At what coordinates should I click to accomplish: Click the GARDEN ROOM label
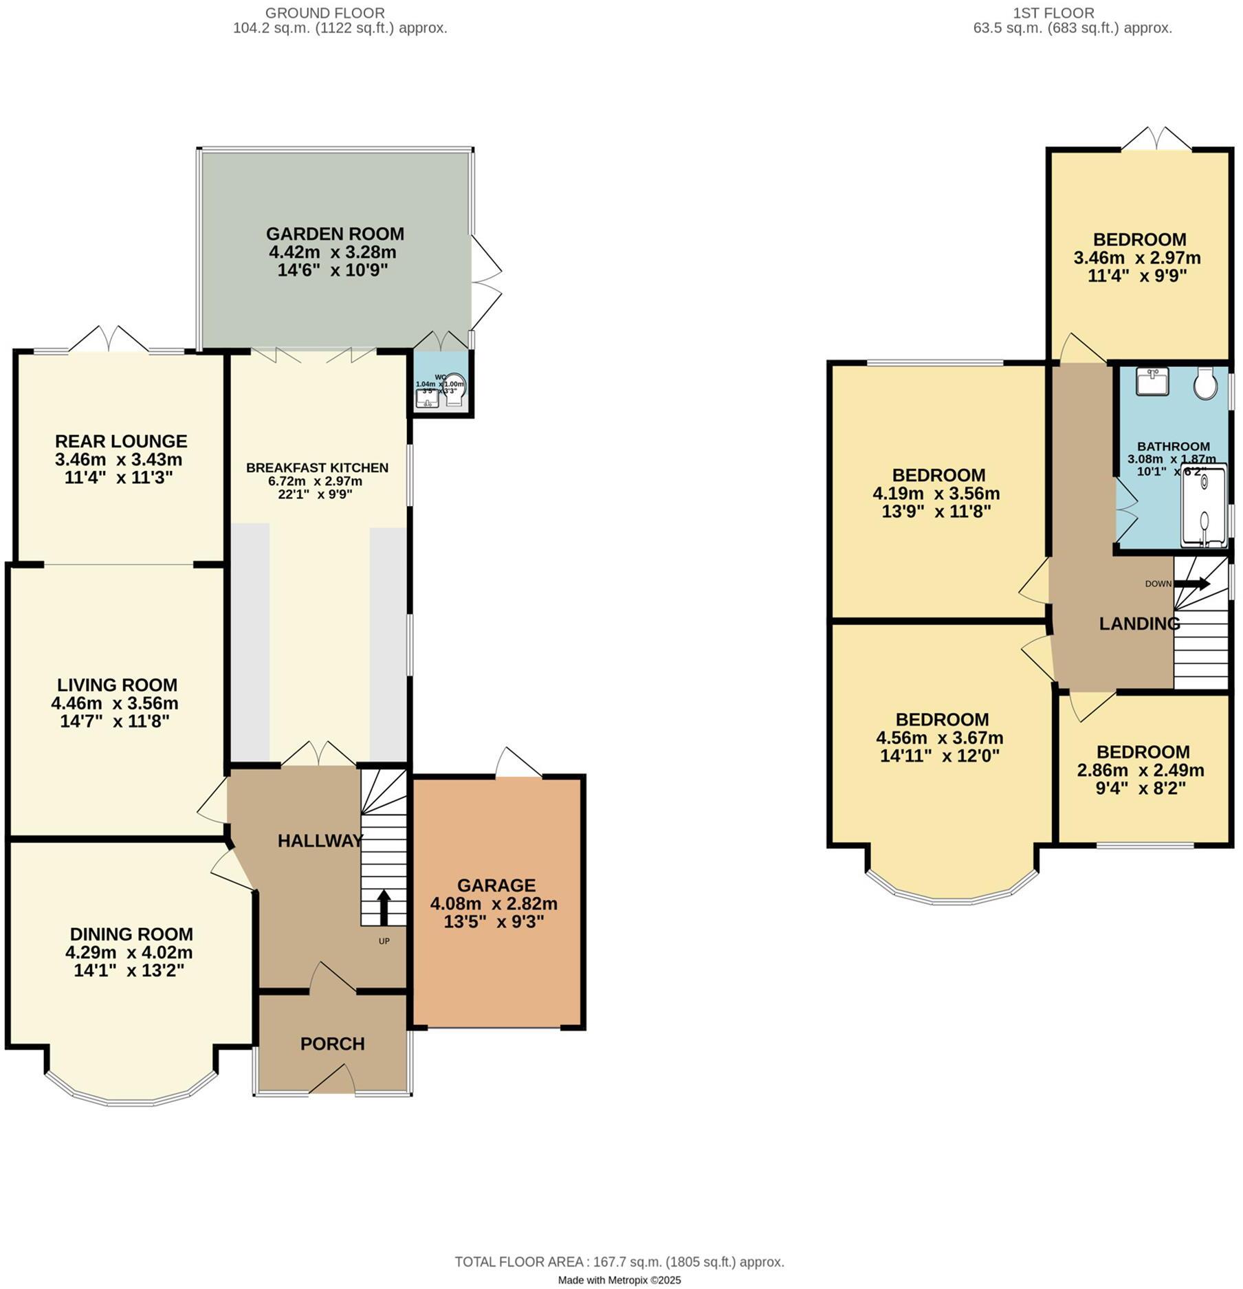[335, 234]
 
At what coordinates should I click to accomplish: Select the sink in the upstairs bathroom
[1152, 382]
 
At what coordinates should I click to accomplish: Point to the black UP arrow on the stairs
[384, 907]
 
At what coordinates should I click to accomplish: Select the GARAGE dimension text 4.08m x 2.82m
[494, 903]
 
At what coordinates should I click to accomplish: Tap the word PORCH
[332, 1044]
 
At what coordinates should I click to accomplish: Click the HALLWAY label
[320, 841]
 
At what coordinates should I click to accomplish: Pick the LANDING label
[1139, 624]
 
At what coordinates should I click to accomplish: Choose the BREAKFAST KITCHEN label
[317, 467]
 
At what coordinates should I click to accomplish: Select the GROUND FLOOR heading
[324, 12]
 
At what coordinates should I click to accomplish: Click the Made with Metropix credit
[619, 1280]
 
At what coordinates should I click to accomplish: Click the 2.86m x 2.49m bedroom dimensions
[1141, 771]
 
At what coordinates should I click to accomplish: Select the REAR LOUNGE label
[121, 441]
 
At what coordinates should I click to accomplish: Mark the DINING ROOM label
[131, 934]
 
